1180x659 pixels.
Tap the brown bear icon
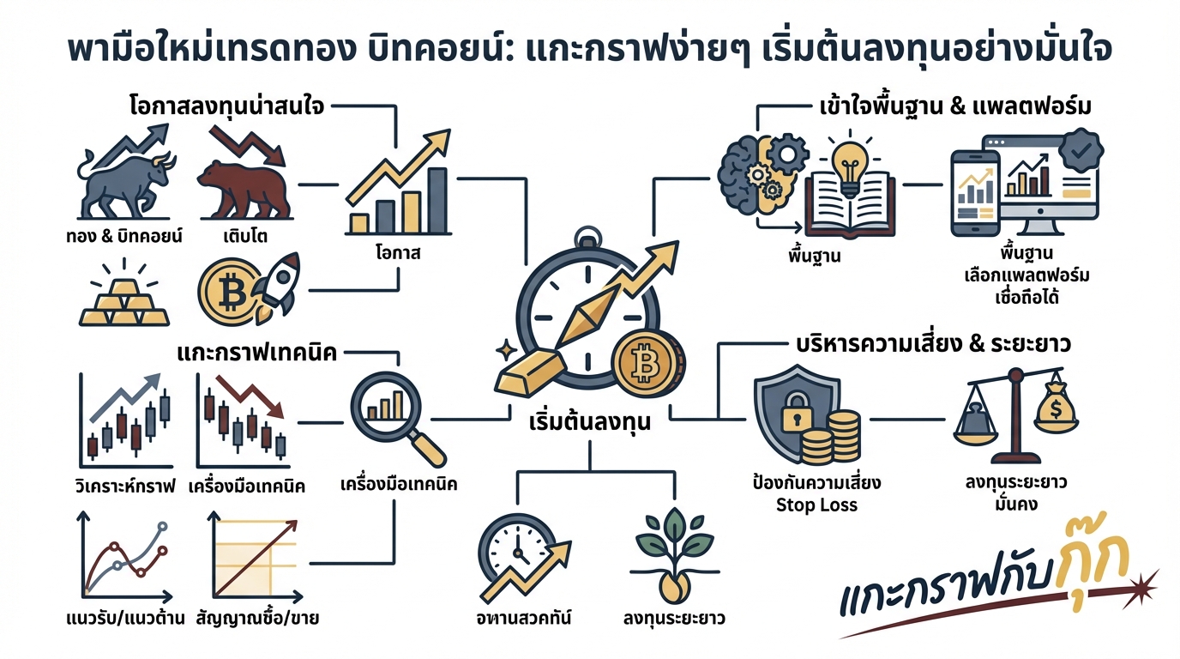coord(242,186)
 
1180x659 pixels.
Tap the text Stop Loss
coord(816,505)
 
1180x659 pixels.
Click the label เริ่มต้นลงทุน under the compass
coord(590,423)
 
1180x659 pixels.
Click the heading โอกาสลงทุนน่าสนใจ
coord(224,109)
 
